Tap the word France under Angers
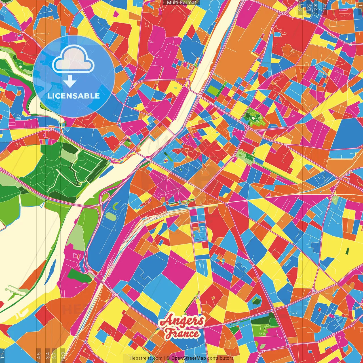(182, 333)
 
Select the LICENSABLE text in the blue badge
(74, 96)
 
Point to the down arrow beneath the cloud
(70, 81)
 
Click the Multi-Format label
(181, 3)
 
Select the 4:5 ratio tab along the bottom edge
(39, 355)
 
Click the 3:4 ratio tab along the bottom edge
(48, 355)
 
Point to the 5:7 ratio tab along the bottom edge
(54, 355)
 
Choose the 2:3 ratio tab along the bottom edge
(63, 355)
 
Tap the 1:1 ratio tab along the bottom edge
(3, 355)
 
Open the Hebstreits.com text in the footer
(146, 358)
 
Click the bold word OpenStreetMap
(189, 358)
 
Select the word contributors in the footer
(220, 358)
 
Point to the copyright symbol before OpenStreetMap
(168, 358)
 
